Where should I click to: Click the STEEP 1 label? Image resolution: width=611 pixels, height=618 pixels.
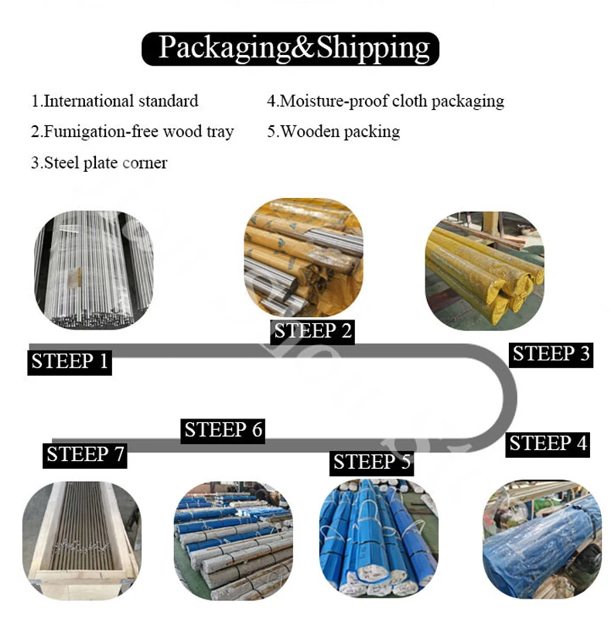coord(70,361)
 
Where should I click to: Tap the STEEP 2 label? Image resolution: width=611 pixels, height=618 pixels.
coord(313,331)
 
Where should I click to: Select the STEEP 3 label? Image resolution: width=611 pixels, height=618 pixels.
coord(551,353)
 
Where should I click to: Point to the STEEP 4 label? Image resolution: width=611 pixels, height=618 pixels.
coord(548,443)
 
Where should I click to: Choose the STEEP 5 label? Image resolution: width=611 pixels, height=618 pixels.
coord(372,463)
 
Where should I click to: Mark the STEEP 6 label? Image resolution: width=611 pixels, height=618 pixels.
coord(224,429)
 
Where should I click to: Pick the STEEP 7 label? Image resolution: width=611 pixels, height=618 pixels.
coord(85,454)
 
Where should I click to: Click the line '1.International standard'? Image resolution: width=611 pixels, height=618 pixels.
coord(114,101)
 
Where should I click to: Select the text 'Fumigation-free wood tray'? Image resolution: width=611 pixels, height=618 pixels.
coord(138,131)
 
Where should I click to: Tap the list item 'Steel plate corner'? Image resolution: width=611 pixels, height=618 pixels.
coord(105,162)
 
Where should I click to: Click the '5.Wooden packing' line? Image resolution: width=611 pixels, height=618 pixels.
coord(333,131)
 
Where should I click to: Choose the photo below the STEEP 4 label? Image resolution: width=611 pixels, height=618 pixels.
coord(541,538)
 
